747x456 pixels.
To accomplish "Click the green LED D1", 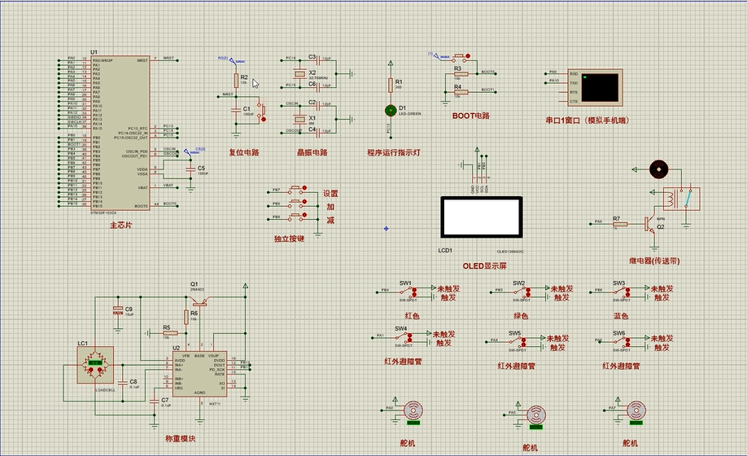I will coord(391,109).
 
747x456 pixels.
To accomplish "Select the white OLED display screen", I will coord(479,217).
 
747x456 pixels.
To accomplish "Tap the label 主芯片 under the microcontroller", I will coord(120,225).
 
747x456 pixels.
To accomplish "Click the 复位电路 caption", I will coord(243,152).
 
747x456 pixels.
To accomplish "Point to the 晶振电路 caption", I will coord(312,152).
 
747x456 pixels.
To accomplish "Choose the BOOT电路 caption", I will coord(471,116).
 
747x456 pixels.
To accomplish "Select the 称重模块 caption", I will coord(180,439).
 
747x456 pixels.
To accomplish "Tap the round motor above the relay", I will coord(657,169).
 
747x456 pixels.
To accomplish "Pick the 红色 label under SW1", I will coord(412,315).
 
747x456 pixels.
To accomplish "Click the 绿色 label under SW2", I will coord(521,315).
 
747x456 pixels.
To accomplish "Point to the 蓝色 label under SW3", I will coord(622,315).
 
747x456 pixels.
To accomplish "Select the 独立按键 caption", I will coord(289,239).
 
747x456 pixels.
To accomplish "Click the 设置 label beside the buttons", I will coord(330,194).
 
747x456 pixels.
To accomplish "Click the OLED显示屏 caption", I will coord(484,265).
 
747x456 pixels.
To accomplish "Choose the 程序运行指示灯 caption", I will coord(393,152).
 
